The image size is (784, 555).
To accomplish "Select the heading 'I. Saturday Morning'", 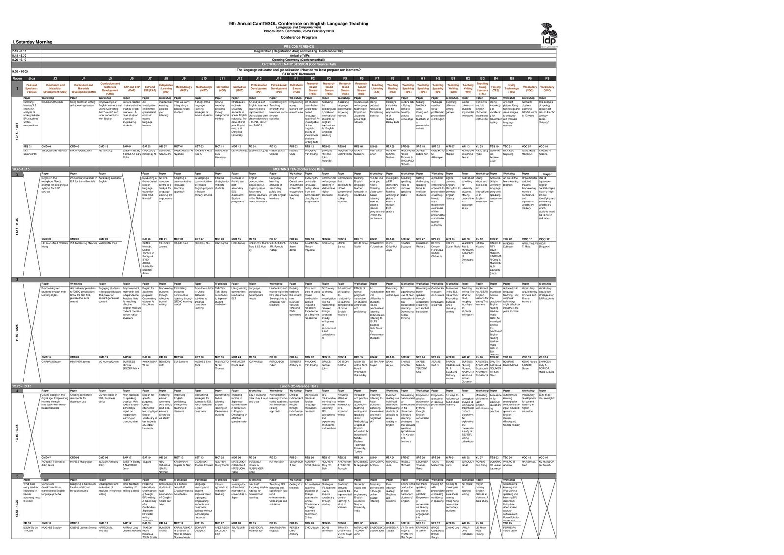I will coord(32,42).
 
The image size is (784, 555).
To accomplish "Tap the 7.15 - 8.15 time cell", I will coord(20,51).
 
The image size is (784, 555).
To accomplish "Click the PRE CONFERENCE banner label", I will coord(298,46).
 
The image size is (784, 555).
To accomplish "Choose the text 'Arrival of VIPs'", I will coord(298,55).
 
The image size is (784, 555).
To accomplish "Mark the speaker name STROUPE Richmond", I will coord(298,74).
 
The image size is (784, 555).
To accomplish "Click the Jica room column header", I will coord(31,78).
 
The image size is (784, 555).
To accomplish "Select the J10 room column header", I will coord(204,78).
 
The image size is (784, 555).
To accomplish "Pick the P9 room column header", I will coord(547,78).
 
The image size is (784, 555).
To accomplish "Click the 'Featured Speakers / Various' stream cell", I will coord(31,88).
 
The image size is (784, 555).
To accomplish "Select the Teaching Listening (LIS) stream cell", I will coord(377,88).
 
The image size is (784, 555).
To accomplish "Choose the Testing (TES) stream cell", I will coord(496,88).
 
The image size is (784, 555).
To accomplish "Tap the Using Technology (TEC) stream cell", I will coord(512,88).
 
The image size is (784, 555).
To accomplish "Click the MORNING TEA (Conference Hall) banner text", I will coord(298,169).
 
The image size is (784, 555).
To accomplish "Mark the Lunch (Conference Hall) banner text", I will coord(298,386).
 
